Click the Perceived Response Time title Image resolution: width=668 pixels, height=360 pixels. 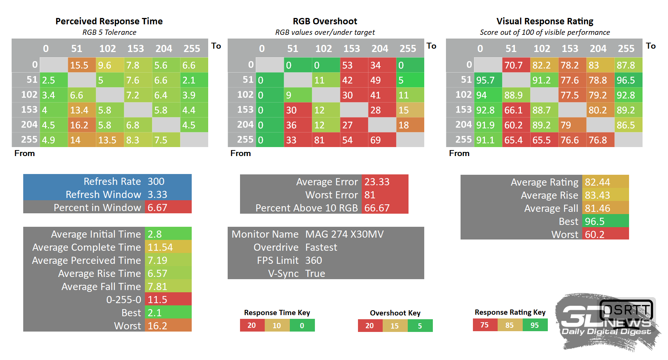[x=109, y=21]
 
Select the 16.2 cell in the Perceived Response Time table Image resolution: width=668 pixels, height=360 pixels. [x=82, y=125]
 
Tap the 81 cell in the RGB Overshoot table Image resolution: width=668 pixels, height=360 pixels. [x=326, y=140]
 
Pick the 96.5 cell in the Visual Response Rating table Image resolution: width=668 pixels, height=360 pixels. [x=628, y=80]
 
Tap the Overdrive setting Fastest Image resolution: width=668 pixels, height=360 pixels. [x=321, y=247]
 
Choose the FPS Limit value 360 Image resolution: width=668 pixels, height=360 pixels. [x=314, y=260]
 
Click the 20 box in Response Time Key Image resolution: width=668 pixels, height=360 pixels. [x=252, y=326]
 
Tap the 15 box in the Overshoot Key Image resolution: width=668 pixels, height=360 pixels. [x=395, y=326]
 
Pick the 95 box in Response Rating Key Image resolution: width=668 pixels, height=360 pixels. [x=535, y=325]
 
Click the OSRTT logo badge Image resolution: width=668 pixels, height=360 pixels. [x=626, y=310]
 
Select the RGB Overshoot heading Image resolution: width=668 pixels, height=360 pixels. [x=325, y=21]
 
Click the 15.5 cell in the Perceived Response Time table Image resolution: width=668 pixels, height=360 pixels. [x=82, y=65]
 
